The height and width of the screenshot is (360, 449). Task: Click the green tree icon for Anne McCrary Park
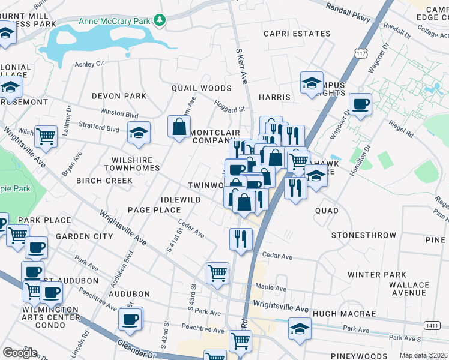[x=159, y=21]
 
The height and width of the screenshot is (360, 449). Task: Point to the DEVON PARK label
[x=119, y=96]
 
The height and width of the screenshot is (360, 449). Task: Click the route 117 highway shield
[x=360, y=53]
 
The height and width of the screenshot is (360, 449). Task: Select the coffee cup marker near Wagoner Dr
[x=360, y=104]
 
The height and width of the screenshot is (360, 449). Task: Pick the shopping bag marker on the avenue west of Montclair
[x=179, y=127]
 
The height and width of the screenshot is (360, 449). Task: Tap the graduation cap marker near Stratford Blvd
[x=139, y=133]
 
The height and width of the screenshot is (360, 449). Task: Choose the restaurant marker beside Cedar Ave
[x=240, y=239]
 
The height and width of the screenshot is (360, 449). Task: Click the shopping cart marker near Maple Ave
[x=217, y=273]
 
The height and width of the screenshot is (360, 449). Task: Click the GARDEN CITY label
[x=84, y=236]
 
